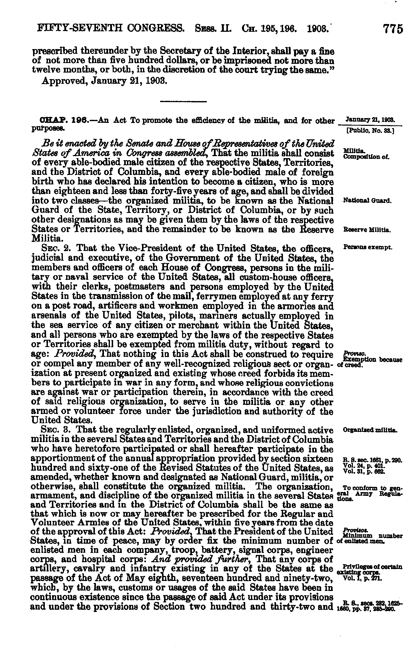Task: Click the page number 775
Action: (393, 29)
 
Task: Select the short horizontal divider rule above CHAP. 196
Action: (184, 102)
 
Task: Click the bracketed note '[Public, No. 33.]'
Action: (370, 131)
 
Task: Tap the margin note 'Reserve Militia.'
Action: (367, 230)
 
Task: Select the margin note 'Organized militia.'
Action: (370, 430)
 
